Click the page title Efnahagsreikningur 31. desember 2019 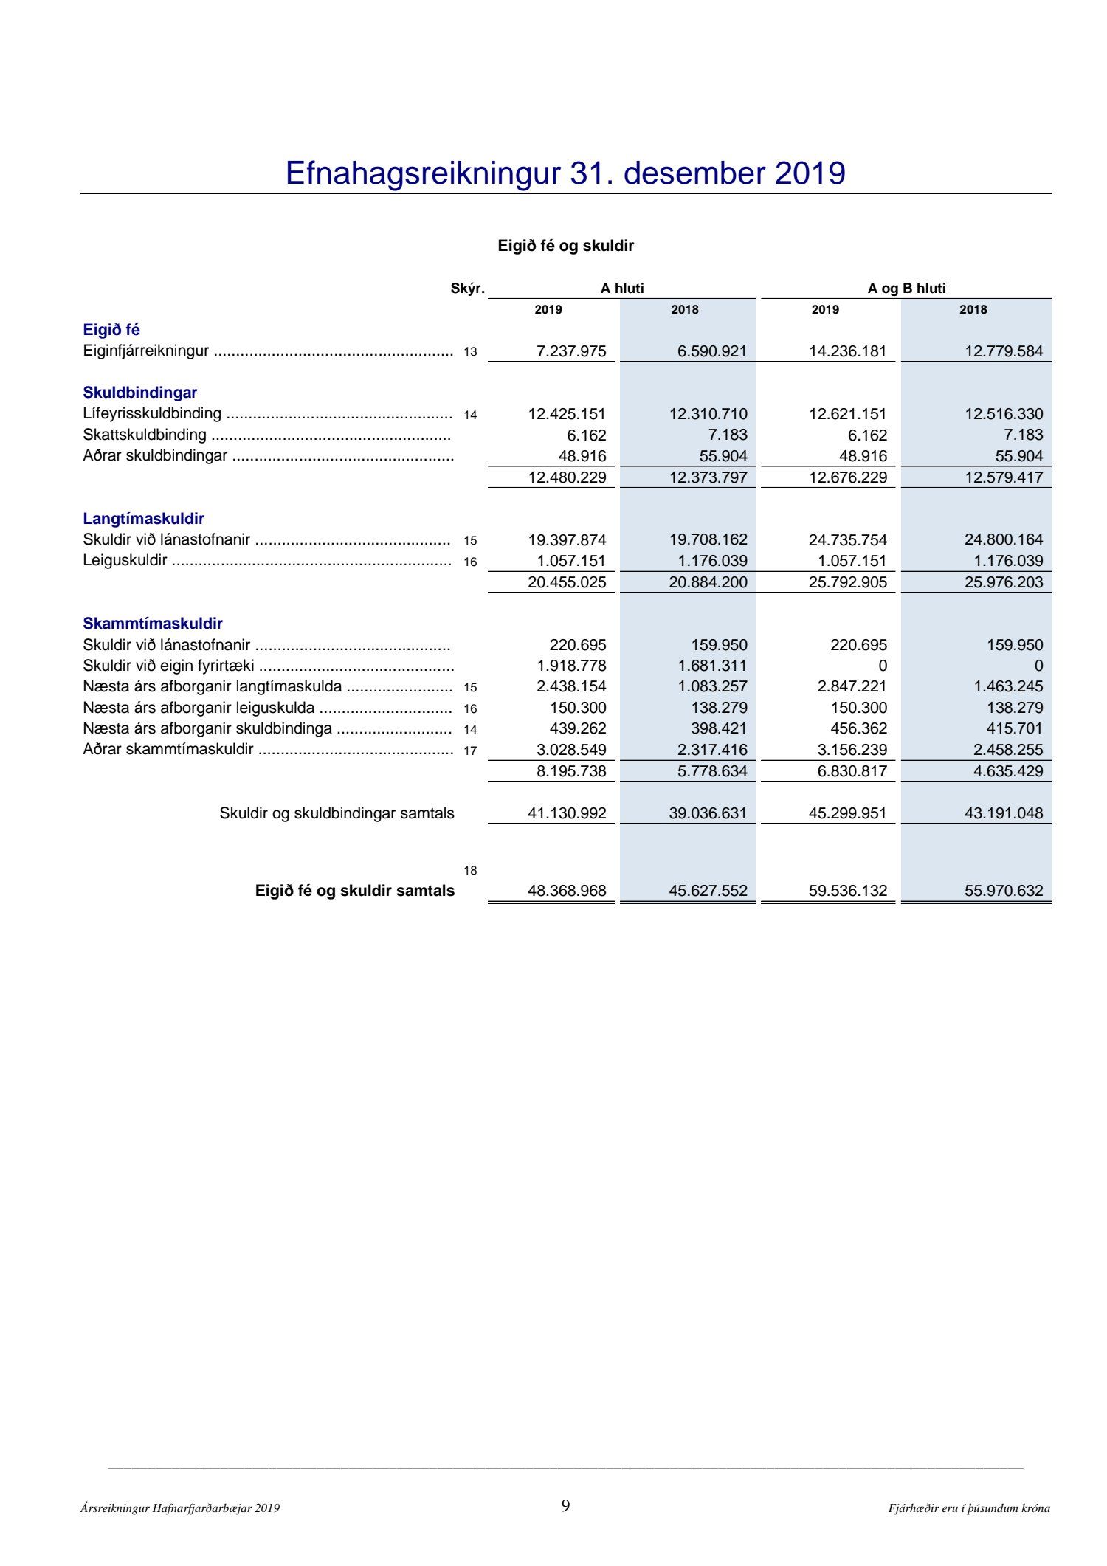click(565, 173)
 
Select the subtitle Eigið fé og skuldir click(565, 246)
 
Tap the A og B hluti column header click(906, 289)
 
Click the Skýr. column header click(467, 289)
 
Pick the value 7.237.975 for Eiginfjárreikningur click(571, 351)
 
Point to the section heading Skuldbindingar click(139, 393)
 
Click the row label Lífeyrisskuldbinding click(152, 413)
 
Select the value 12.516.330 click(1004, 414)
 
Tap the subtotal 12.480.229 click(567, 477)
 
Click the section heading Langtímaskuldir click(143, 519)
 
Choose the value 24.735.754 click(848, 540)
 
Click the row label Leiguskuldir click(125, 560)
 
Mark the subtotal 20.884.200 click(708, 582)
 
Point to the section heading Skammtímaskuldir click(153, 624)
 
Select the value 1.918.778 click(571, 666)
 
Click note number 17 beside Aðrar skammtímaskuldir click(470, 751)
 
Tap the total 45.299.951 click(848, 813)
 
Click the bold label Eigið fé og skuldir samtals click(355, 891)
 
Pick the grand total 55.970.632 click(1004, 891)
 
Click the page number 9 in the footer click(565, 1506)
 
